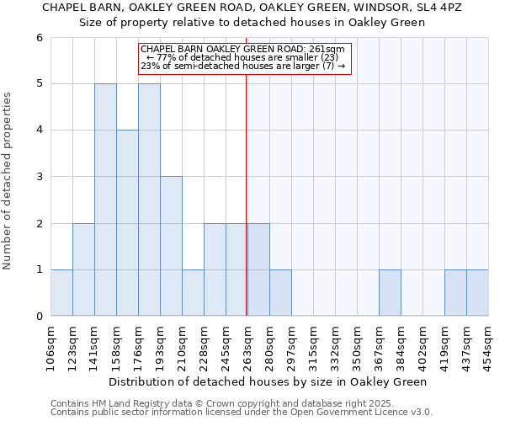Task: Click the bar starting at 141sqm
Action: [105, 200]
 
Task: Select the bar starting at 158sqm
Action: [127, 223]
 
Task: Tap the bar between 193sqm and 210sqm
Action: [171, 246]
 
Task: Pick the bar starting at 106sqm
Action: [61, 293]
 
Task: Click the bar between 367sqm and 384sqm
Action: [390, 293]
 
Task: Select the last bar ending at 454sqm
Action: [477, 293]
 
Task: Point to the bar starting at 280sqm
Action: [280, 293]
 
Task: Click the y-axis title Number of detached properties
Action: [8, 181]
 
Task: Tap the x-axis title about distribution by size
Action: [268, 381]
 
